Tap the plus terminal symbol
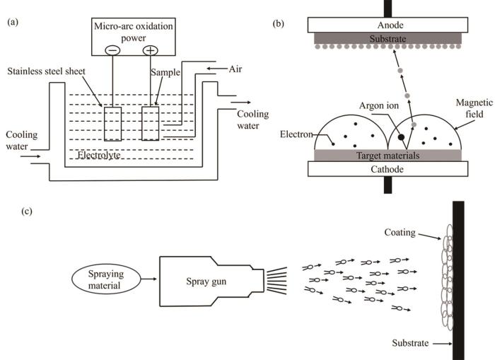150,50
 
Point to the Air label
235,69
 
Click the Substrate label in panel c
410,343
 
